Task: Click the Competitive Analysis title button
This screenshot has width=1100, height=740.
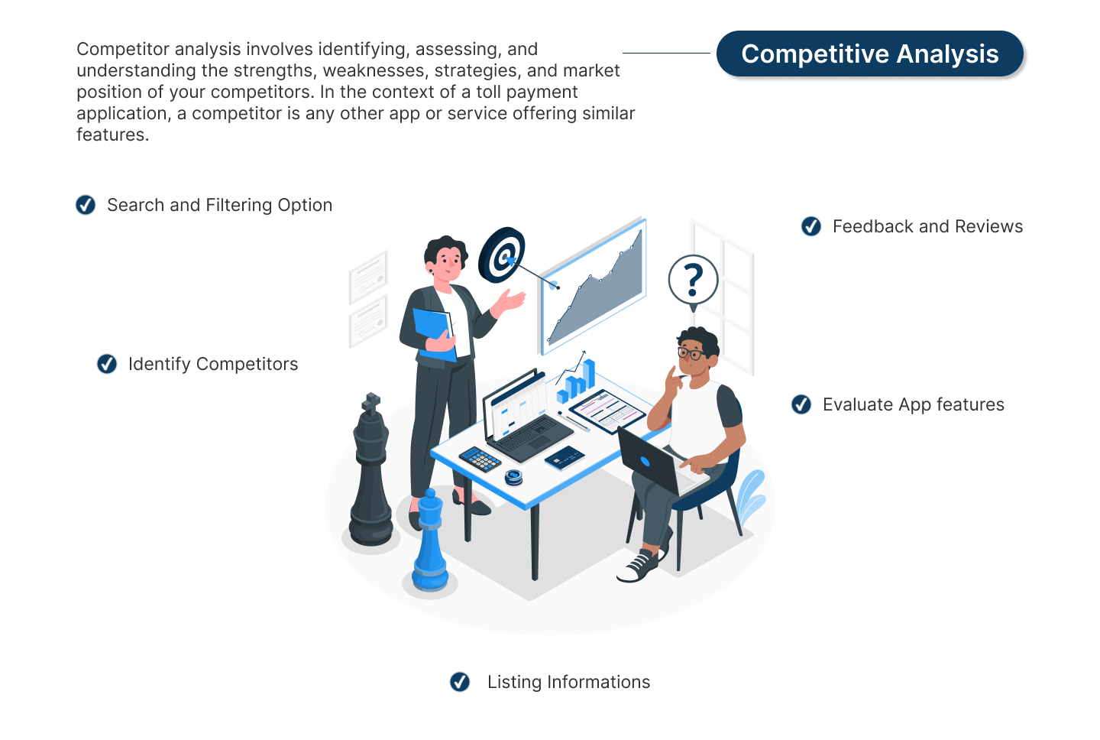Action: (x=869, y=54)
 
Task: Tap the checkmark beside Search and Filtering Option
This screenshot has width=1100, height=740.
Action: (x=86, y=205)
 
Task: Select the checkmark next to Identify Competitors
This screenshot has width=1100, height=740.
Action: (x=107, y=364)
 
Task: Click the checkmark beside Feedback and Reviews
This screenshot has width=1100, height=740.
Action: (x=811, y=226)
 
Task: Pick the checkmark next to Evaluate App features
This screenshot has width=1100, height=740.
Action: (x=801, y=404)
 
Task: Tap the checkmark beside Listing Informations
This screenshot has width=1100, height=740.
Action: (x=460, y=682)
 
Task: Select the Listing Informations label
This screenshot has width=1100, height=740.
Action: (x=568, y=682)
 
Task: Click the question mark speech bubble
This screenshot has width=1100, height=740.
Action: (x=693, y=281)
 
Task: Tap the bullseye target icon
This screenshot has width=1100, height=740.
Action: (x=502, y=255)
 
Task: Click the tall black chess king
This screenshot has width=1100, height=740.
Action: (x=371, y=474)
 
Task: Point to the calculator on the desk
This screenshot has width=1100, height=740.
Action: (x=480, y=459)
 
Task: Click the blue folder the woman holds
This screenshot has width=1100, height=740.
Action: (x=434, y=332)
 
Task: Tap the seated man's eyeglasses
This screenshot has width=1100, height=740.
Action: (x=691, y=353)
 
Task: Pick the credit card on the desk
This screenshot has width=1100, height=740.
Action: (x=565, y=458)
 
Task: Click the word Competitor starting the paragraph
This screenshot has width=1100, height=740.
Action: (x=123, y=49)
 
